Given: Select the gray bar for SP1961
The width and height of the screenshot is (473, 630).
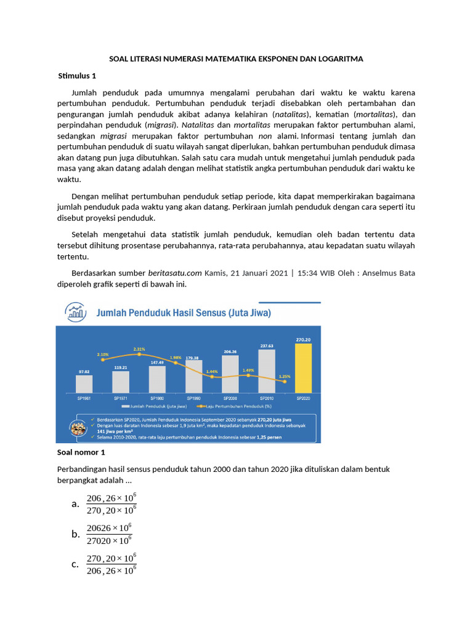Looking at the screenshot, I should (x=84, y=384).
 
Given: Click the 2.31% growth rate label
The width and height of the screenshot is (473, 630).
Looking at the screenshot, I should (x=139, y=349).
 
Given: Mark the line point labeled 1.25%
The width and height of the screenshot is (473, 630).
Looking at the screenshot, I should (x=285, y=381).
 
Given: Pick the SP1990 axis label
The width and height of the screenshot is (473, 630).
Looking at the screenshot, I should (x=193, y=398).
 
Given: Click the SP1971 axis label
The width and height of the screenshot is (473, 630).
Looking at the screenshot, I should (x=121, y=398).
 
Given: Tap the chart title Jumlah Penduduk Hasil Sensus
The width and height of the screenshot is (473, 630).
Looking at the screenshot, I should (x=184, y=313).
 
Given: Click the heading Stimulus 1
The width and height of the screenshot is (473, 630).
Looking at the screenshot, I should (x=77, y=76).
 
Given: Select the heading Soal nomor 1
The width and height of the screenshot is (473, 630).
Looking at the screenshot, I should (x=81, y=453).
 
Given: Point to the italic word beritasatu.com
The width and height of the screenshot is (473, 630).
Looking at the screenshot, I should (x=175, y=273).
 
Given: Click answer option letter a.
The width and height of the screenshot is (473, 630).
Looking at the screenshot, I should (x=75, y=504).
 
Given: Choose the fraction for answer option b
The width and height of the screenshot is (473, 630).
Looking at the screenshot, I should (x=109, y=534).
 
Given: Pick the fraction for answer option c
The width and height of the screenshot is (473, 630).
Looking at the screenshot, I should (x=111, y=564).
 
